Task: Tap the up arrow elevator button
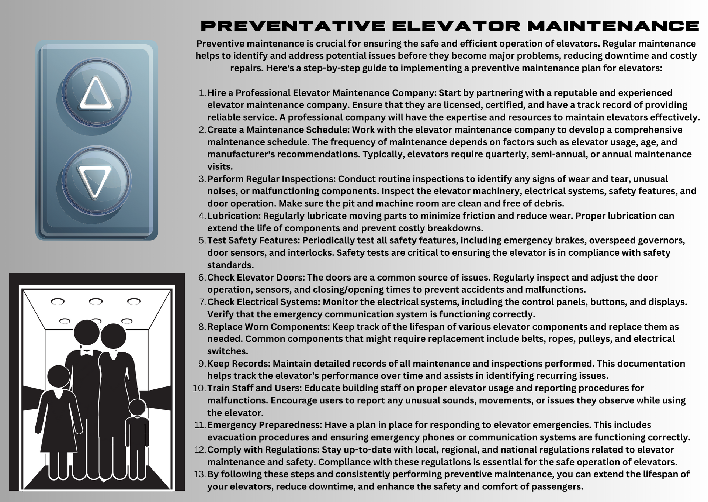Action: [96, 93]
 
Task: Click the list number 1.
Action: [202, 93]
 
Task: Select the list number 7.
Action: [202, 302]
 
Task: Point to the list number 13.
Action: [199, 474]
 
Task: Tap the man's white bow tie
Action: [86, 352]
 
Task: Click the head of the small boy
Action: [137, 408]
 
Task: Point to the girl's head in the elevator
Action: [59, 376]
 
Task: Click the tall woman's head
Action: [113, 336]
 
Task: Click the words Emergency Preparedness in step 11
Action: [264, 425]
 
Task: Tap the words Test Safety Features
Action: [253, 241]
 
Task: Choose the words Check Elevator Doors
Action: [256, 278]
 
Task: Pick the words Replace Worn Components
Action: [268, 327]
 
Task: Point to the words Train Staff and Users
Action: [254, 388]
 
